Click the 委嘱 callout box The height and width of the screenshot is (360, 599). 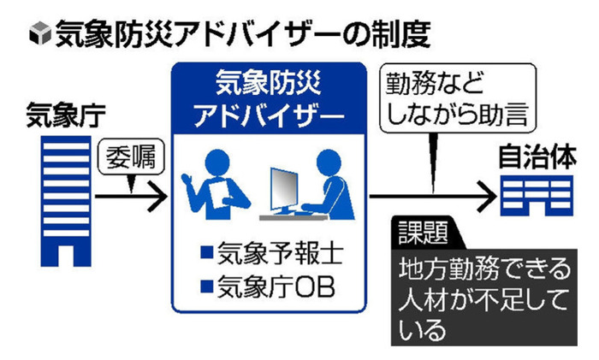128,157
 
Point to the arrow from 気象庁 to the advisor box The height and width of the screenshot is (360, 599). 128,198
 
